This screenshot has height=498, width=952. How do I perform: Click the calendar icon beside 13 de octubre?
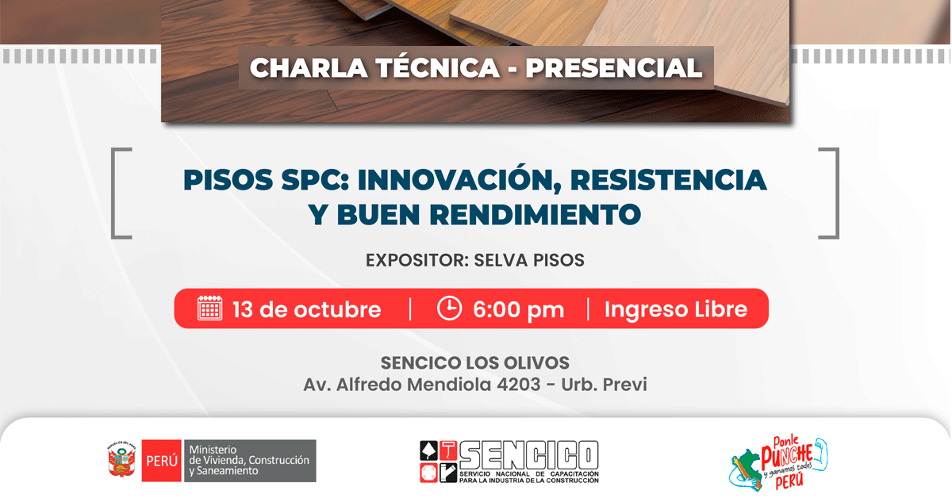tap(209, 308)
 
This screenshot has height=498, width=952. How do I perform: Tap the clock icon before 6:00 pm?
tap(449, 308)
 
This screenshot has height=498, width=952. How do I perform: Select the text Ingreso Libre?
tap(676, 309)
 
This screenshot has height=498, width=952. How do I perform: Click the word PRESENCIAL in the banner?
tap(614, 67)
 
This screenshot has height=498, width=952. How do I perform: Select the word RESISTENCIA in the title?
tap(669, 180)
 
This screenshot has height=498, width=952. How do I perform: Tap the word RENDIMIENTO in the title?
tap(535, 214)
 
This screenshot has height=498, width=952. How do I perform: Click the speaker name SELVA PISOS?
tap(529, 260)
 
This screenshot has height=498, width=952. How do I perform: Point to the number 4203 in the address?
tap(519, 385)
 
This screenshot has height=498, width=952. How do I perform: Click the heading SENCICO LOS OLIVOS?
tap(474, 363)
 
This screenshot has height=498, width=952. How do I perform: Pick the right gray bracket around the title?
tap(836, 193)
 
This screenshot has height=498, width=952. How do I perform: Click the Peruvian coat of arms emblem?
tap(121, 460)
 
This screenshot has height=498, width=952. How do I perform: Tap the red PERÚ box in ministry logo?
tap(162, 461)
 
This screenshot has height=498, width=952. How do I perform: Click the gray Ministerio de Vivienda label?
tap(250, 461)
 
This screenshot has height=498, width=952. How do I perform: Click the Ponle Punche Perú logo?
tap(778, 464)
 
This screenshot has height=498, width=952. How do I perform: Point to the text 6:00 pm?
tap(519, 309)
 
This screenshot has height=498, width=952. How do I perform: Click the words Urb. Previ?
tap(604, 385)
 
